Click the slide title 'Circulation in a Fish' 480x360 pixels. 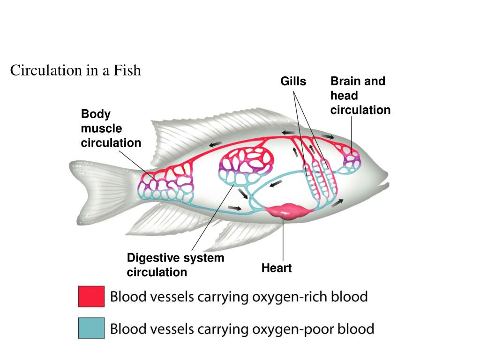pos(75,71)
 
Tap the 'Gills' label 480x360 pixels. pos(293,82)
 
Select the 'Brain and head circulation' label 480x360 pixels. pos(360,96)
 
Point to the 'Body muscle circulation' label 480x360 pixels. pos(111,128)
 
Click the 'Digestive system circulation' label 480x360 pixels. pos(175,265)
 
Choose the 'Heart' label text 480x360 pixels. pos(277,268)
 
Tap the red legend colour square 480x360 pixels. pos(91,296)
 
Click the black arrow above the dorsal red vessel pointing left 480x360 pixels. pos(216,144)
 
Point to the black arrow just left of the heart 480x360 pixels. pos(235,208)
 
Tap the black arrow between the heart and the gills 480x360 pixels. pos(337,202)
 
